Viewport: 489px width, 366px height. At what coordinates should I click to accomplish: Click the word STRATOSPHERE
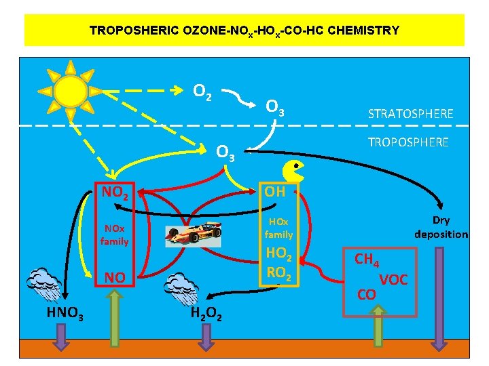pyautogui.click(x=410, y=113)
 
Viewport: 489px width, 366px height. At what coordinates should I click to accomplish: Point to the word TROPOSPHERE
pyautogui.click(x=408, y=142)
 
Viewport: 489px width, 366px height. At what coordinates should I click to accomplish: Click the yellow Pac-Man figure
pyautogui.click(x=293, y=171)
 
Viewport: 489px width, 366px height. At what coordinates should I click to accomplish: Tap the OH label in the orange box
pyautogui.click(x=275, y=192)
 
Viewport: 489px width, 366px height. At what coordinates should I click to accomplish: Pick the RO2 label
pyautogui.click(x=278, y=272)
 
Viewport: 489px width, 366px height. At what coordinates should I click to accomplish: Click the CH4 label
pyautogui.click(x=367, y=259)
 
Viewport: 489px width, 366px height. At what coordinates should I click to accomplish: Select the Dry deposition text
pyautogui.click(x=441, y=227)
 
